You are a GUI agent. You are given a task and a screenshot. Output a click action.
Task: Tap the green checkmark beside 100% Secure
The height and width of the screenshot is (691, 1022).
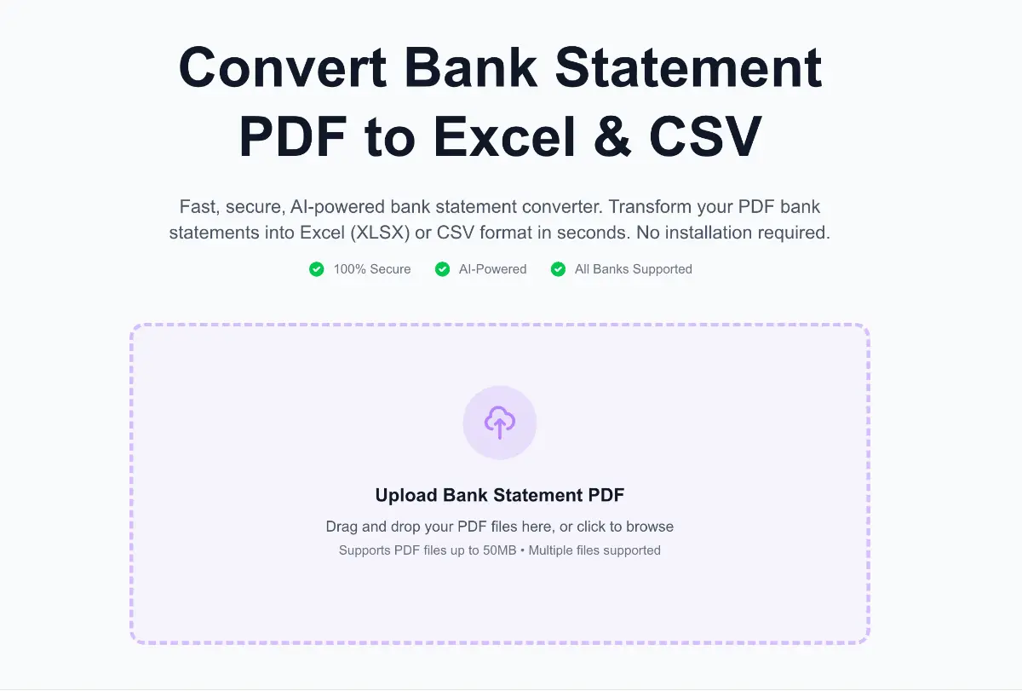coord(317,269)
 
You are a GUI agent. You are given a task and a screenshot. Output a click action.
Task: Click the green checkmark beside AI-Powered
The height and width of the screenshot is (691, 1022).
coord(442,269)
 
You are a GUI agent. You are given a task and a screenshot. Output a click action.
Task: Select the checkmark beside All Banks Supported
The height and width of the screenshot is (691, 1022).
coord(559,269)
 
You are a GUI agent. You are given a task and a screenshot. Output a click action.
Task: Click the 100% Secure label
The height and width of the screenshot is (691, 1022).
coord(372,269)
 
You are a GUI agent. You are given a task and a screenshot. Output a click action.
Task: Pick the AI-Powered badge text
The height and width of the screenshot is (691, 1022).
coord(493,269)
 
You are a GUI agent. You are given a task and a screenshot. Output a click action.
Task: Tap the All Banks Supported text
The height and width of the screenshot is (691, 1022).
coord(634,269)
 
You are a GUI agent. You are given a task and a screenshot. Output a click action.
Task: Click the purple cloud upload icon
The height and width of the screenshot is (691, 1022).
coord(500,422)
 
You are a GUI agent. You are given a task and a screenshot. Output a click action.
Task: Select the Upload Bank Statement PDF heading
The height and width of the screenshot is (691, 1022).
coord(500,495)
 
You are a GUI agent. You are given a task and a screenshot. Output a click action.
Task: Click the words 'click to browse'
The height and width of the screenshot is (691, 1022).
coord(625,527)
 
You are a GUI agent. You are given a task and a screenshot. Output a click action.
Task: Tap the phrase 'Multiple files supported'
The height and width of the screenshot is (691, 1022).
coord(594,550)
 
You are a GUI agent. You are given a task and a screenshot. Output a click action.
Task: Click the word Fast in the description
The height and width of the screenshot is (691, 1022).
coord(198,207)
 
